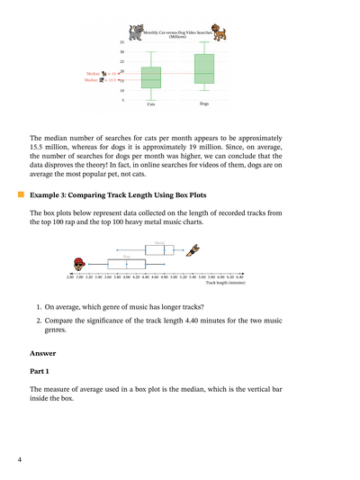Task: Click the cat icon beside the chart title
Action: point(135,32)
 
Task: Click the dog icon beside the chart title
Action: point(219,32)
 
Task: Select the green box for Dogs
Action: point(204,68)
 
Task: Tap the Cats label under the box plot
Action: point(151,104)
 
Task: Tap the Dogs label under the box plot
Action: point(204,104)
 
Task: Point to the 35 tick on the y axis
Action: point(121,42)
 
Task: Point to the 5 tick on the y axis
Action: point(122,100)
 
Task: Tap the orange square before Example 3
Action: point(20,194)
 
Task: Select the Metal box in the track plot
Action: point(158,249)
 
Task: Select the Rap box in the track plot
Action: point(126,264)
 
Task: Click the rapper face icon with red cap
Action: point(80,264)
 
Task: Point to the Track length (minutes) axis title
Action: point(224,283)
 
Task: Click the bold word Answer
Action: point(42,353)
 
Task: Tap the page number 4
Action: point(19,460)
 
